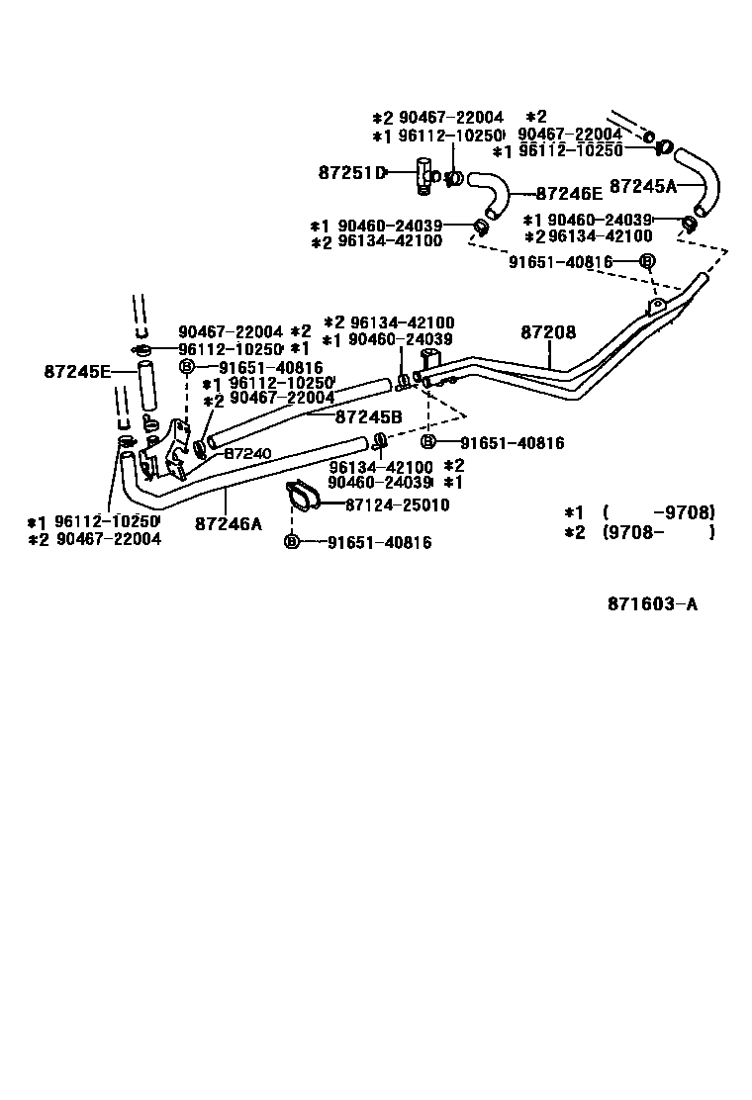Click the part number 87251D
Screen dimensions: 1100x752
[x=351, y=173]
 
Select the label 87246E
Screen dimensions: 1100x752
[x=569, y=195]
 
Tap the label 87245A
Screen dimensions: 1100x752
[x=642, y=185]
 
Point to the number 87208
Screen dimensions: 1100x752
[x=548, y=333]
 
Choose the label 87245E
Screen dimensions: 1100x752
[x=77, y=372]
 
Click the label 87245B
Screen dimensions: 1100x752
[x=368, y=417]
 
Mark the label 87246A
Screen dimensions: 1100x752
[x=229, y=523]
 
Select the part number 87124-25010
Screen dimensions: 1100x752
[x=397, y=505]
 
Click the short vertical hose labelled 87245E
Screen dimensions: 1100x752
[x=147, y=387]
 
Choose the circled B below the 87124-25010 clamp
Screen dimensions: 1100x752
[x=292, y=541]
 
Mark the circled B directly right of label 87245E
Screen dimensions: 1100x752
[x=186, y=367]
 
